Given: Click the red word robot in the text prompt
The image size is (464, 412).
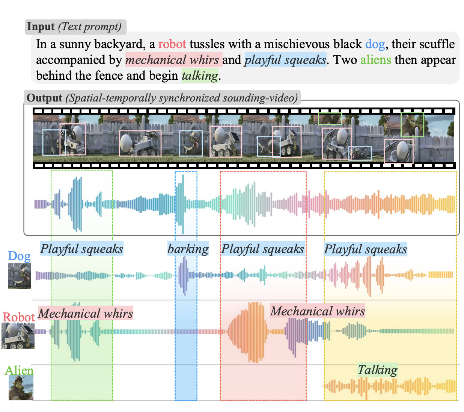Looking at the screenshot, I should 172,44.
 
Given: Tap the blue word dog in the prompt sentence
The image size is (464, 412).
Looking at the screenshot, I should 375,44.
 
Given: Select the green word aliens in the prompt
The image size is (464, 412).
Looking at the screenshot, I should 375,60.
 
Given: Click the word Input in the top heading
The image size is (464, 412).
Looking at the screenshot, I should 41,27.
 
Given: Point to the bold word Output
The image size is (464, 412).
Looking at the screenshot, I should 44,98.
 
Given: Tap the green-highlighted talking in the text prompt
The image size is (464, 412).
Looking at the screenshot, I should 199,76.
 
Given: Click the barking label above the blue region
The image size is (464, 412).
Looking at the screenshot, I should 188,249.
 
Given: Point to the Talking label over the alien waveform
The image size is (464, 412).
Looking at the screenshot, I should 377,370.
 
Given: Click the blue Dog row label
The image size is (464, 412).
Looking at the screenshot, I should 19,256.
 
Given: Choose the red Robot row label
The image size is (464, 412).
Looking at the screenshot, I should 19,317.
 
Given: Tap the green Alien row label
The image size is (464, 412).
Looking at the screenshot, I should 19,371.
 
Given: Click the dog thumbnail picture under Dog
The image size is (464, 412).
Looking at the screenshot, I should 20,276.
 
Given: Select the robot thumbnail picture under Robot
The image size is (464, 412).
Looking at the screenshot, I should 18,336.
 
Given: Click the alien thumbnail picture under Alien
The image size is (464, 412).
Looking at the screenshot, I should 21,388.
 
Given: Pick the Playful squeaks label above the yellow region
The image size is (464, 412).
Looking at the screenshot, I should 365,249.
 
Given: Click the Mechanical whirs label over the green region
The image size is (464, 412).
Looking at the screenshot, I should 86,314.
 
